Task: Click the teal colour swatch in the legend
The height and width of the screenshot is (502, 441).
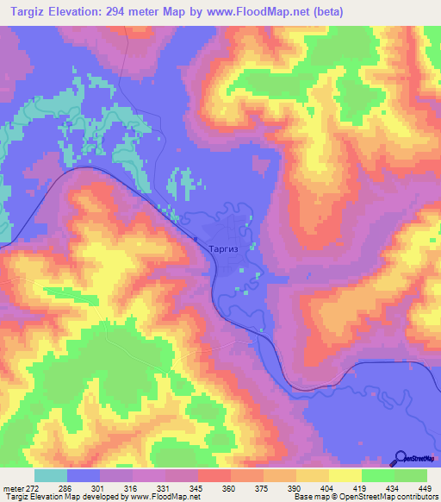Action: tap(51, 475)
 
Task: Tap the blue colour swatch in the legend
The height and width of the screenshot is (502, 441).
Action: tap(84, 475)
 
